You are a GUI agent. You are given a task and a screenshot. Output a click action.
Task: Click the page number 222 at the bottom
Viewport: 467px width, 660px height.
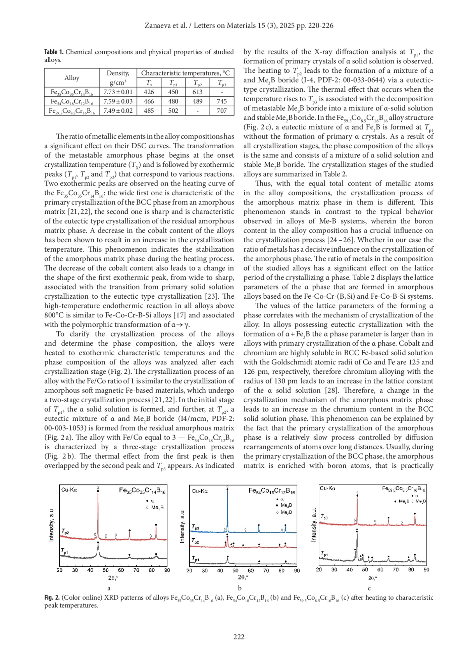tap(239, 636)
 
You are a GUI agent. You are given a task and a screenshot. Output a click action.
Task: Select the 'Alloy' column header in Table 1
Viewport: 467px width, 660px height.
tap(72, 78)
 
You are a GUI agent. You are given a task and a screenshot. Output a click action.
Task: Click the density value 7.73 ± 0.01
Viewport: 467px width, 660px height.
tap(118, 92)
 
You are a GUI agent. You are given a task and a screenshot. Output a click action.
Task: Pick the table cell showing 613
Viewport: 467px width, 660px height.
tap(197, 92)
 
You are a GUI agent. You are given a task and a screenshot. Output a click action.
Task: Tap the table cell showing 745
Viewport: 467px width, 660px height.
tap(221, 102)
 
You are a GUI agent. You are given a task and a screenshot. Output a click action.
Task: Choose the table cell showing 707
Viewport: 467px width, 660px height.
tap(221, 111)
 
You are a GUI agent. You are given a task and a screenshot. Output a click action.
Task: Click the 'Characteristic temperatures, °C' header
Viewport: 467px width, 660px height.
tap(185, 73)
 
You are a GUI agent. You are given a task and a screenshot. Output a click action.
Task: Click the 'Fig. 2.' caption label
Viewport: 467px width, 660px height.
tap(52, 597)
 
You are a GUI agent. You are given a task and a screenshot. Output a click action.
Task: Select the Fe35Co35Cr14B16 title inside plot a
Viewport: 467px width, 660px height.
tap(142, 491)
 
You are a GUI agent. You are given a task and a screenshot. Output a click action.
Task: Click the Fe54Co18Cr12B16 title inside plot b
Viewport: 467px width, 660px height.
tap(272, 491)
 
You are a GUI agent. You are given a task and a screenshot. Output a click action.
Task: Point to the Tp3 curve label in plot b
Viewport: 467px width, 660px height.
tap(195, 527)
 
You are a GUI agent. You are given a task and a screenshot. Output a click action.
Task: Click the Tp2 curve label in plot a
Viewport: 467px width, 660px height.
tap(65, 531)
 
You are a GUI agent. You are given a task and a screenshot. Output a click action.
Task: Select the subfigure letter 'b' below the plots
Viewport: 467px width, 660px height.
tap(240, 588)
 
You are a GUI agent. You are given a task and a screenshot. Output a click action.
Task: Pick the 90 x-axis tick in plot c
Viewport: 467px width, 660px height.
tap(426, 569)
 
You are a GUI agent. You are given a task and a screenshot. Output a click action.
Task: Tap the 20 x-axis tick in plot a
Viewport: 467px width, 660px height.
tap(60, 570)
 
